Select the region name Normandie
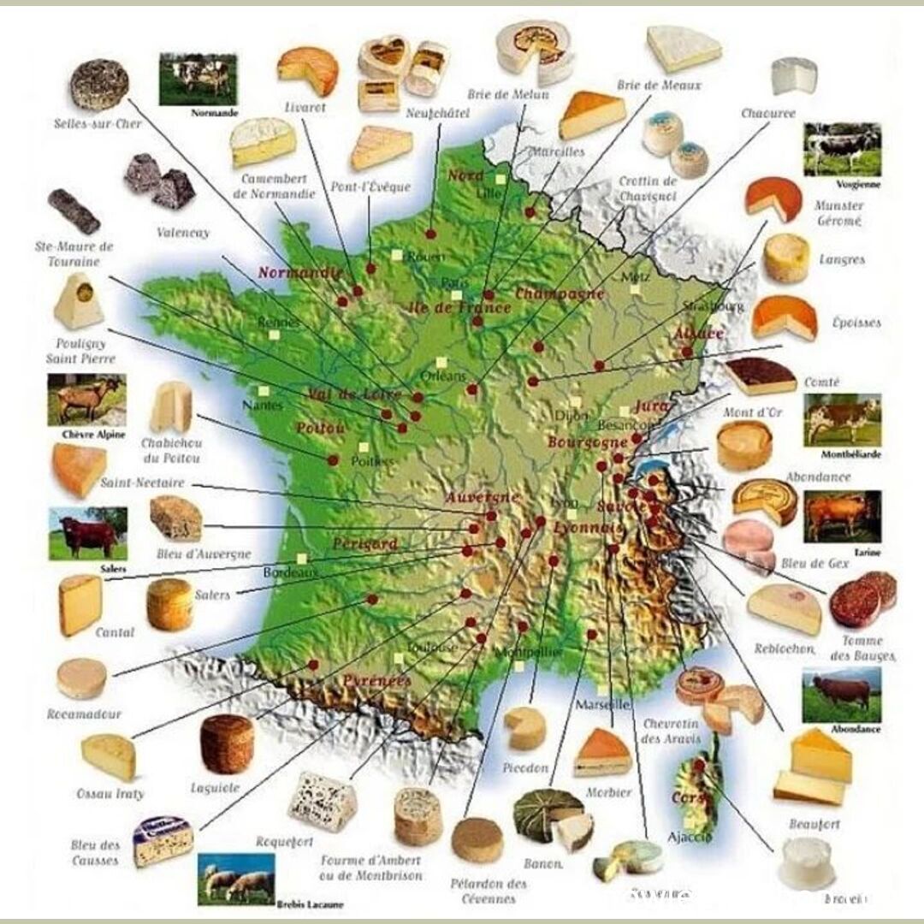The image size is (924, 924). click(293, 273)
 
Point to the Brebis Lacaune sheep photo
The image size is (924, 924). click(236, 878)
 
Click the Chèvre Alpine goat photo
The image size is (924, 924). click(86, 400)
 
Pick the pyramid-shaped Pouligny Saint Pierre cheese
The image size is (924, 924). click(79, 301)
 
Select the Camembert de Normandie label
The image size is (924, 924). click(273, 186)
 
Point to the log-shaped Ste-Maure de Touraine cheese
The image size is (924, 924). click(74, 212)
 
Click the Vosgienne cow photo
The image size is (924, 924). click(842, 150)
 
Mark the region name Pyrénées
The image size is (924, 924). click(376, 682)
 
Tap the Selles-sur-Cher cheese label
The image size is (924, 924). click(93, 124)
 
